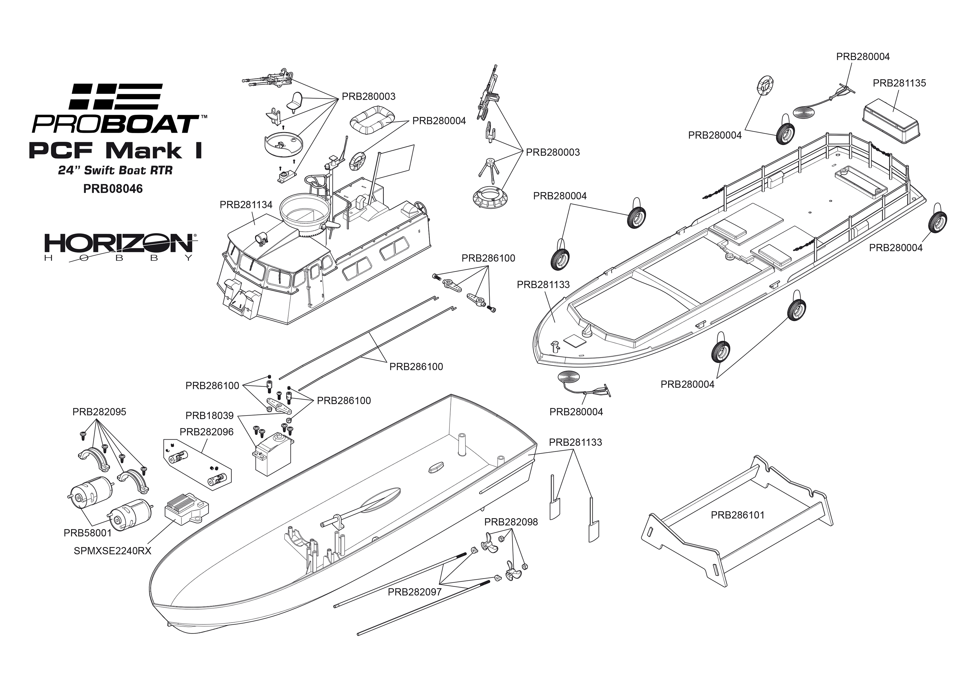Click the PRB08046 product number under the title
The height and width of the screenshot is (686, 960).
coord(113,188)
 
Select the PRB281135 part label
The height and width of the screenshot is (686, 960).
coord(899,83)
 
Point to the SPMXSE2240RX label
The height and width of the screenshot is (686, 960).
coord(112,551)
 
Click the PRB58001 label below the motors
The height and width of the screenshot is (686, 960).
coord(88,533)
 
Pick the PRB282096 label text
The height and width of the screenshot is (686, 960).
coord(206,432)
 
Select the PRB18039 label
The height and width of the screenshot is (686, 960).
coord(209,416)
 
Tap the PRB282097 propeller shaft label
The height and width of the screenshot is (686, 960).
coord(414,592)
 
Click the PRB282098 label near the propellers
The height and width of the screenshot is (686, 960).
coord(511,522)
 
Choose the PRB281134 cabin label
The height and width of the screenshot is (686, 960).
coord(246,205)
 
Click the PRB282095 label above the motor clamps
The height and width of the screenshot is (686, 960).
coord(99,412)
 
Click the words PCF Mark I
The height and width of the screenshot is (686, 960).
coord(115,151)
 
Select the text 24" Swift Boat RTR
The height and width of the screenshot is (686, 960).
coord(115,171)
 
